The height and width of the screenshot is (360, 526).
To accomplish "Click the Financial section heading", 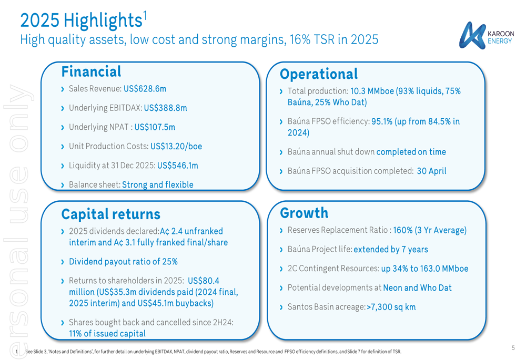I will [x=91, y=71].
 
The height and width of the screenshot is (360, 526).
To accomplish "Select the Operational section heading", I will [x=318, y=74].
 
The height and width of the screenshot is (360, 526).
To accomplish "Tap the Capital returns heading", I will [x=110, y=214].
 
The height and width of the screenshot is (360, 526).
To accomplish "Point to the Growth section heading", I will [x=304, y=213].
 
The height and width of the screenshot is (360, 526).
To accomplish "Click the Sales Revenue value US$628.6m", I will [x=145, y=89].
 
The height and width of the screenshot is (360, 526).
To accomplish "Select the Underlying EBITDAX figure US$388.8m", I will [x=165, y=108].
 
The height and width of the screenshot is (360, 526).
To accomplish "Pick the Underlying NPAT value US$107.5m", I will [x=155, y=127].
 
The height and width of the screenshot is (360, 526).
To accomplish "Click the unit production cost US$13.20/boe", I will [x=176, y=146].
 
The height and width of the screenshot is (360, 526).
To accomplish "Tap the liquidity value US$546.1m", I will [x=178, y=166].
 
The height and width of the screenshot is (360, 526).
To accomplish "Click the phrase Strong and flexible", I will [x=158, y=184].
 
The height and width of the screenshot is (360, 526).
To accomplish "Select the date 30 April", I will [x=431, y=171].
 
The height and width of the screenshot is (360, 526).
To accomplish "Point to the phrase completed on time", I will [x=411, y=152].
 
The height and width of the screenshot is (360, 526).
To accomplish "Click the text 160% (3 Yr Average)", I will [x=430, y=230].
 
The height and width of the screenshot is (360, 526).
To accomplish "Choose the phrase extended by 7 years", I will [x=391, y=250].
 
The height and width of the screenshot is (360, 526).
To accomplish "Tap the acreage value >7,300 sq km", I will [x=391, y=307].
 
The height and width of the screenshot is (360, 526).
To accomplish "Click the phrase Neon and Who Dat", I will [x=417, y=287].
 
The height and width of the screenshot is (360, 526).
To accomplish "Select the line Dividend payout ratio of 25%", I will [x=123, y=261].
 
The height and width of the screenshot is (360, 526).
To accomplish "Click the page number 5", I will [x=513, y=347].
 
